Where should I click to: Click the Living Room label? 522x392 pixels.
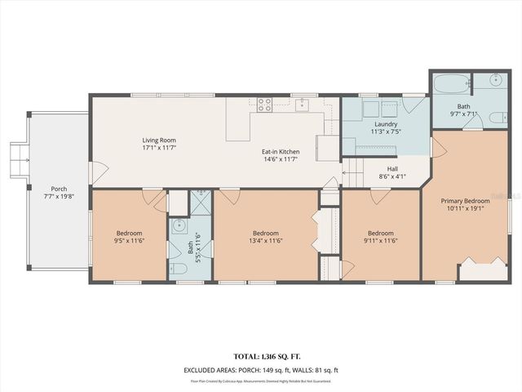point(159,140)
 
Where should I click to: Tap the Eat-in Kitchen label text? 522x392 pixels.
point(280,152)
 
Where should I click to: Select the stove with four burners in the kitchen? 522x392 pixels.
point(265,105)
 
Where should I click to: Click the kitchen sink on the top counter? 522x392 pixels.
point(302,104)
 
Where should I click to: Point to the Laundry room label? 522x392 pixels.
point(386,124)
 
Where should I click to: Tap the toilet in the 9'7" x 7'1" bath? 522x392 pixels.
point(494,119)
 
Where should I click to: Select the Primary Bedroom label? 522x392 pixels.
point(465,201)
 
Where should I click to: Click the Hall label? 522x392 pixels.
point(392,169)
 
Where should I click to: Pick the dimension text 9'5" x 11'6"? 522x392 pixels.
point(129,241)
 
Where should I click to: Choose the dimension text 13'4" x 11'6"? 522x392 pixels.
point(266,241)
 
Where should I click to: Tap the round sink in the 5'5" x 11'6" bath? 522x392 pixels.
point(179,227)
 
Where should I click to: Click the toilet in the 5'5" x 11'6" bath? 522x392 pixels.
point(179,268)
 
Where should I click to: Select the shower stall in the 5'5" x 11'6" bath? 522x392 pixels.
point(200,202)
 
